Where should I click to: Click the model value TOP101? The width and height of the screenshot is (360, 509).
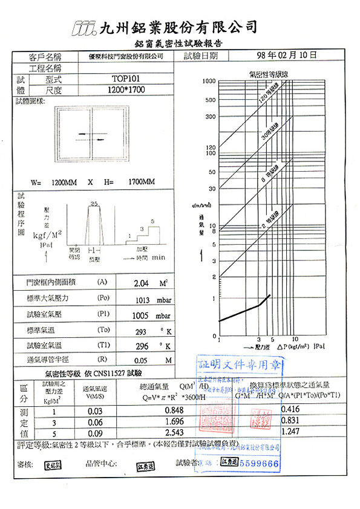126,79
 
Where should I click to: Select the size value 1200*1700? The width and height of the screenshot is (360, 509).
126,90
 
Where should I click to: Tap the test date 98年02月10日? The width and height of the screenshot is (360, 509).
287,55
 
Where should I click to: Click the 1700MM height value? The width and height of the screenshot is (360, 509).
142,182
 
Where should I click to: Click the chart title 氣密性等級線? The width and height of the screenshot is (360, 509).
270,74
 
